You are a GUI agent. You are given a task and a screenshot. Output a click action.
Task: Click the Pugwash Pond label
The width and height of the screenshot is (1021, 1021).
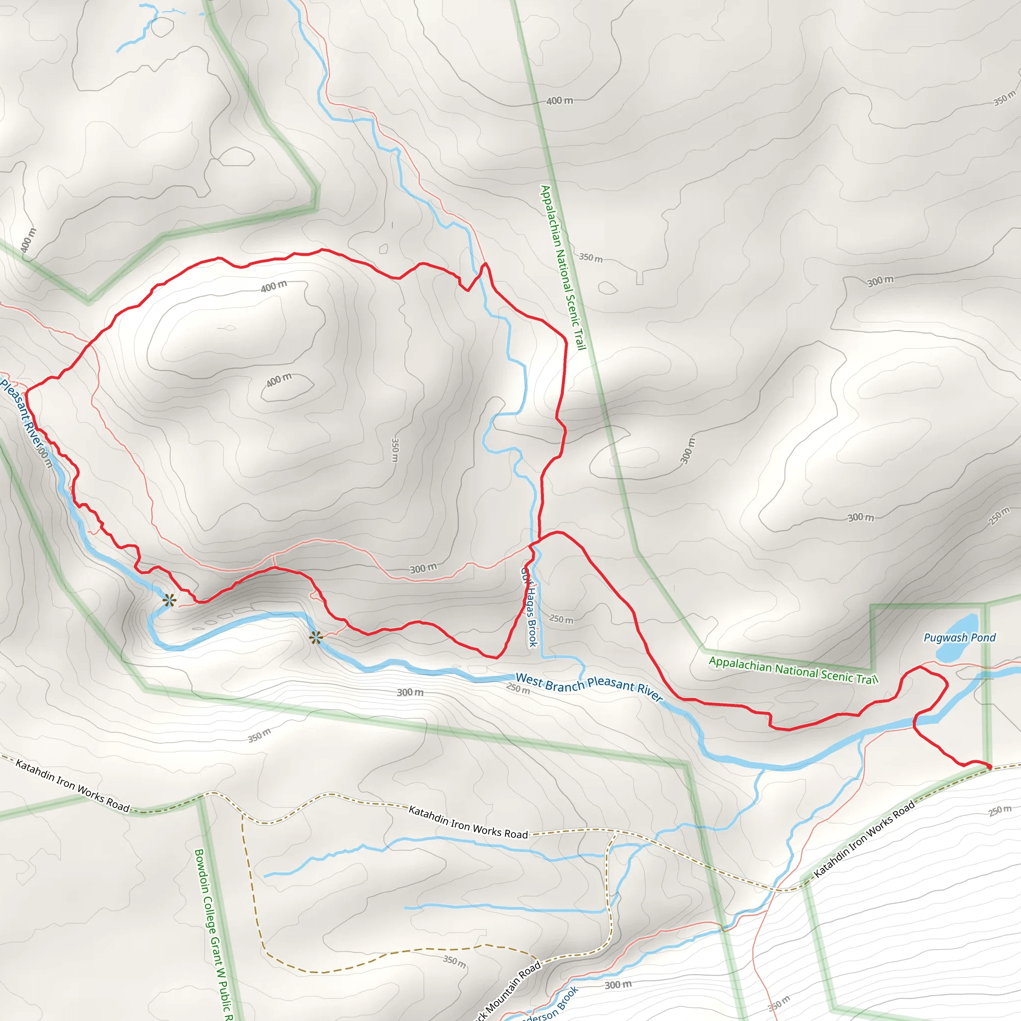959,637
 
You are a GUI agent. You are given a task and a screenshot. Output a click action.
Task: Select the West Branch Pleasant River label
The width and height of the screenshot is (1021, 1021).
588,686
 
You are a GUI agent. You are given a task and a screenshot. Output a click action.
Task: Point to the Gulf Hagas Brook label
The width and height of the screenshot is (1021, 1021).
529,607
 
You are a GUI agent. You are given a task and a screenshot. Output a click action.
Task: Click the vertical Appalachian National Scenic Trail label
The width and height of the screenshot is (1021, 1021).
563,267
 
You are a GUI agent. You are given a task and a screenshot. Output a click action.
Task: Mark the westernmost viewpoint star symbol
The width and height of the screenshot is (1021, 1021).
169,600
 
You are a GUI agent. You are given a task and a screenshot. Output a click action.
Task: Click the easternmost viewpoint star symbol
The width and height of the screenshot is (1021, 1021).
316,638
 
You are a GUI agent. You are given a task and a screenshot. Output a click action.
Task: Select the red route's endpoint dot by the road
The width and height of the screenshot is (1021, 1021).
989,766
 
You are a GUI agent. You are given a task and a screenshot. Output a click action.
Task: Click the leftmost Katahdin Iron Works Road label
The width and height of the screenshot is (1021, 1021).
72,785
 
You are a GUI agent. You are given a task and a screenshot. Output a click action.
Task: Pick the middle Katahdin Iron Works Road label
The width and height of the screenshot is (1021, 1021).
468,822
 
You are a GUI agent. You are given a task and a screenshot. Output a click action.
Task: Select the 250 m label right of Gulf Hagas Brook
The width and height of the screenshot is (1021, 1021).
561,618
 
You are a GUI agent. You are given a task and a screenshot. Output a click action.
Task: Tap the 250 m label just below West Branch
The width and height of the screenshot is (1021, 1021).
517,688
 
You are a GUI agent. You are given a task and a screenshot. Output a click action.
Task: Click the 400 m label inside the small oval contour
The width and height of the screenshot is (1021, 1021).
279,380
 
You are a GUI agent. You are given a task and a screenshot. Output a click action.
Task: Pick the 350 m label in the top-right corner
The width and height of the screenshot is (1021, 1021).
1004,98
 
